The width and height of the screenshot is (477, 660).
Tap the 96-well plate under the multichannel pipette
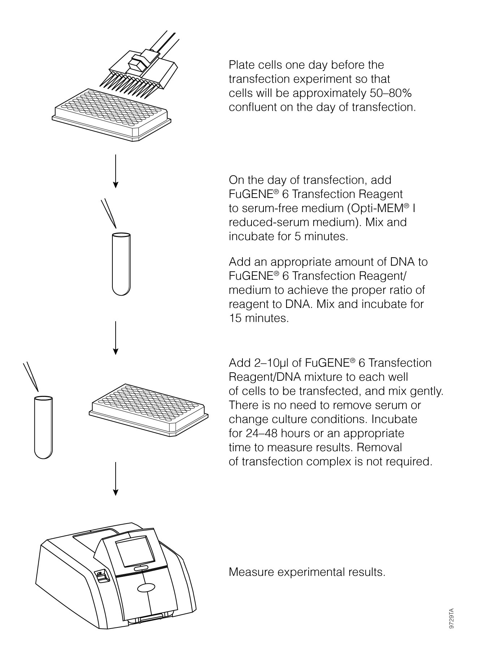[x=110, y=115]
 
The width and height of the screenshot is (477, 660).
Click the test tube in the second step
[x=121, y=264]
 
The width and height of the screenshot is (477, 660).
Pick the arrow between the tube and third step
[x=115, y=338]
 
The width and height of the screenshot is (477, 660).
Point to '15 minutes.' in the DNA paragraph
[x=259, y=318]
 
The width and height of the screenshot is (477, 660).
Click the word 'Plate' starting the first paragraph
[x=242, y=65]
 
